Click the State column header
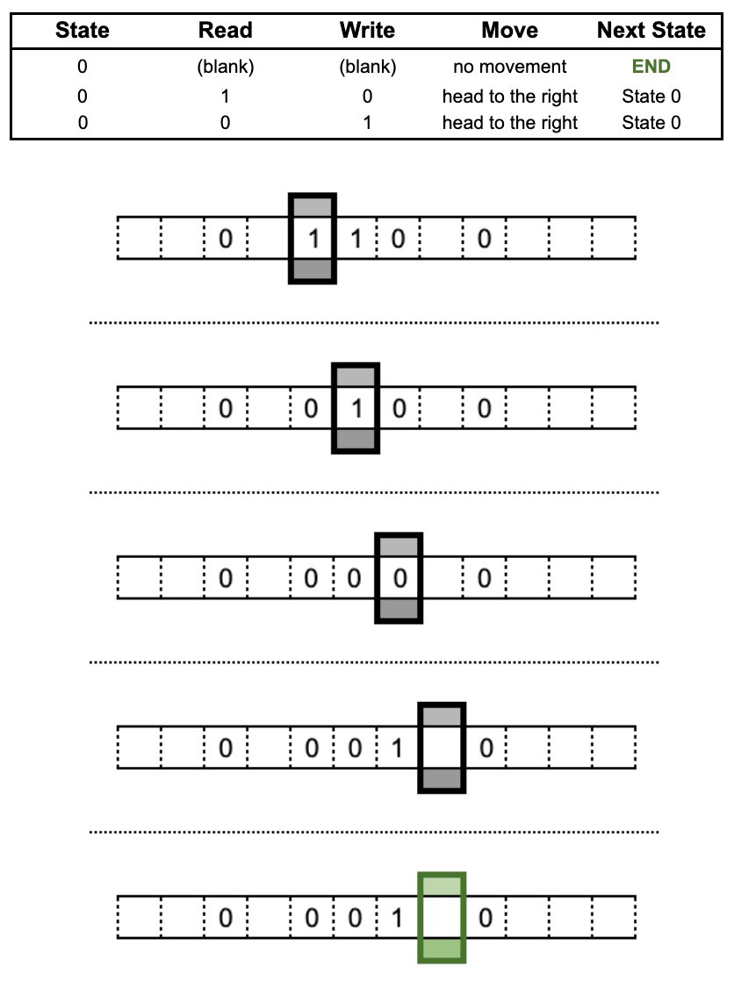[82, 30]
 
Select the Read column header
[225, 30]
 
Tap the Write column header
[367, 30]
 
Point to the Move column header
[509, 30]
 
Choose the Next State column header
[651, 30]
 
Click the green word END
[651, 66]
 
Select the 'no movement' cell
[509, 66]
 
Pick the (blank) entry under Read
[225, 67]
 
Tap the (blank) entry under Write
[368, 67]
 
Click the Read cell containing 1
[225, 97]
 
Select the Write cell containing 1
[367, 122]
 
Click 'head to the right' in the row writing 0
[509, 97]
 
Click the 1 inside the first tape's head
[313, 239]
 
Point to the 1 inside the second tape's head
[356, 409]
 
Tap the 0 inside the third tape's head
[399, 578]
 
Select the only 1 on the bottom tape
[397, 918]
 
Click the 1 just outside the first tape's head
[356, 239]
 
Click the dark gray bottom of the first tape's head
[313, 269]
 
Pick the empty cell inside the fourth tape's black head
[442, 748]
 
